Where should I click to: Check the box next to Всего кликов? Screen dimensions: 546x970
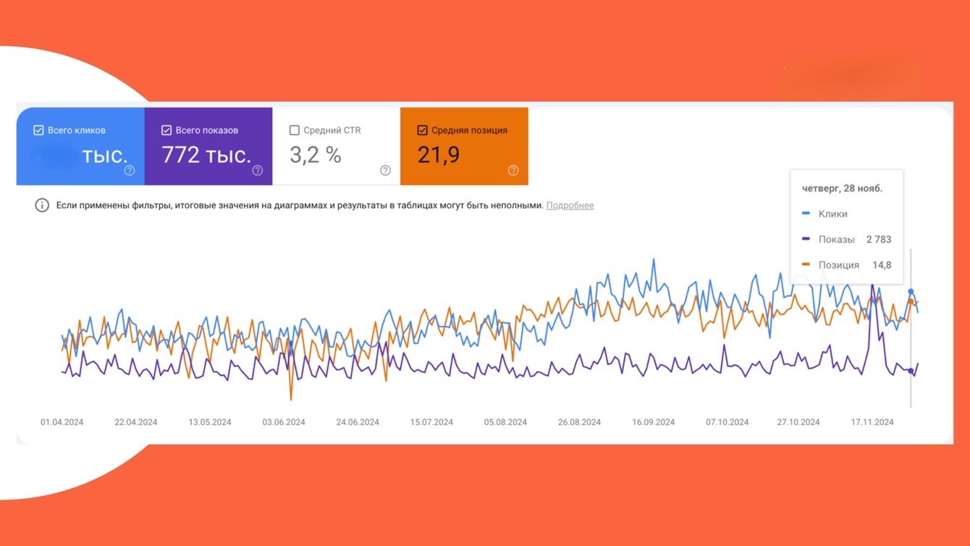point(38,130)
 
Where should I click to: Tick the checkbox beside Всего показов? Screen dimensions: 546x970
point(166,130)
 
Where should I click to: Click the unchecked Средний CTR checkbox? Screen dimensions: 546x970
point(294,130)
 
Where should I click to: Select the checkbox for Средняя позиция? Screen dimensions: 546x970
point(422,130)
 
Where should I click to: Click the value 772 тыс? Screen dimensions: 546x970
point(206,155)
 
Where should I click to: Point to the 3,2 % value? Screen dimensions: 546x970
point(315,155)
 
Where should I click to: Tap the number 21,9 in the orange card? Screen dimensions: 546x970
point(439,155)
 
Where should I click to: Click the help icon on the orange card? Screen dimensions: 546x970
point(513,171)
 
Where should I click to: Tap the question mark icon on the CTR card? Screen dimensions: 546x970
point(385,171)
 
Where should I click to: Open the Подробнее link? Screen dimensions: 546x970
point(570,206)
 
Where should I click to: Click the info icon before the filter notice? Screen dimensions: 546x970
point(42,206)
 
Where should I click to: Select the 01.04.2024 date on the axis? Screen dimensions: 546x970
point(62,422)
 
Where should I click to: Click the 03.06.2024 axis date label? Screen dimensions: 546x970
point(284,422)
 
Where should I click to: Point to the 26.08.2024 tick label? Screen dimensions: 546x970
point(579,422)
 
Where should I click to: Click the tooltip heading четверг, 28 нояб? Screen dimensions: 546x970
point(842,188)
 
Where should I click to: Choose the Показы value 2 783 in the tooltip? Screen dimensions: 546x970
point(878,240)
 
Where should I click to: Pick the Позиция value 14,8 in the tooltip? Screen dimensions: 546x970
point(882,265)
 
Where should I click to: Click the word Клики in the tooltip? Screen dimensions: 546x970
point(832,214)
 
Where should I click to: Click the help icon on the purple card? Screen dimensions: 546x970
point(257,171)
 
